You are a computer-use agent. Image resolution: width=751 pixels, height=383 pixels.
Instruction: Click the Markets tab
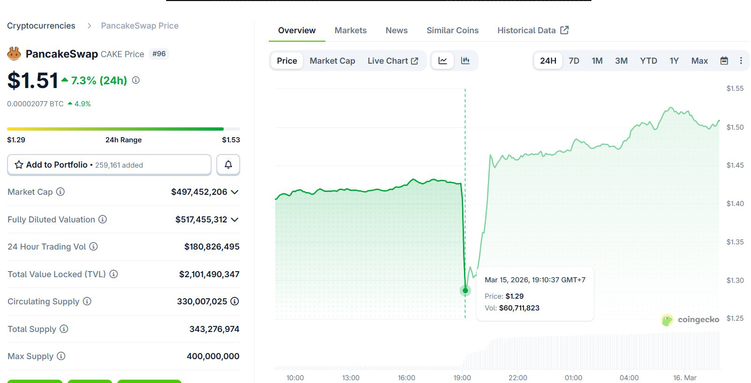click(x=350, y=30)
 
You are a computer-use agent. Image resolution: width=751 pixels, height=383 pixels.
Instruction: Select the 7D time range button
click(x=574, y=61)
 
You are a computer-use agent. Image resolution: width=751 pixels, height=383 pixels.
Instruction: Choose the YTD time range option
click(x=648, y=61)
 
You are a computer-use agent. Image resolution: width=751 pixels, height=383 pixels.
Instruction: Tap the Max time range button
click(x=699, y=61)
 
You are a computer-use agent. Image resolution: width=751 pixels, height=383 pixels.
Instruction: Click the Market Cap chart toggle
click(x=332, y=61)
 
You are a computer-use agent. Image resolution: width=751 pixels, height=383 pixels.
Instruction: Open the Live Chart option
click(x=392, y=61)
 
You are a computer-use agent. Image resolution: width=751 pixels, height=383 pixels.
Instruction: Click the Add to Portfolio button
click(x=109, y=165)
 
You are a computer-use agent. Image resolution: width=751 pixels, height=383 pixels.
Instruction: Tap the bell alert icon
click(x=228, y=165)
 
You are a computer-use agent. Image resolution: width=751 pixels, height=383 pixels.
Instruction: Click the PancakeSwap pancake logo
click(x=14, y=54)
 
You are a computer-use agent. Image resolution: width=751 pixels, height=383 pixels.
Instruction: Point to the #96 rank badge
click(x=159, y=54)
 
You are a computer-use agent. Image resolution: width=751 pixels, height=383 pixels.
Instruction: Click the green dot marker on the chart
click(x=465, y=291)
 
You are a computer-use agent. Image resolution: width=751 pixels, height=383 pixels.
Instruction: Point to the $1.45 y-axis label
click(x=735, y=165)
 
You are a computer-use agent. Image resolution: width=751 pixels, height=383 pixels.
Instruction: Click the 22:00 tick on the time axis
click(x=517, y=378)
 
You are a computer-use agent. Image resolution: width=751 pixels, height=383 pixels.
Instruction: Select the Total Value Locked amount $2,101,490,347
click(x=209, y=274)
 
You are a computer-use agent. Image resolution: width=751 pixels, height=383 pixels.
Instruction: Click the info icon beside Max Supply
click(x=61, y=356)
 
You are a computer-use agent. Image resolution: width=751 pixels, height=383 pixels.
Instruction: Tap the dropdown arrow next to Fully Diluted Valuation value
click(x=235, y=220)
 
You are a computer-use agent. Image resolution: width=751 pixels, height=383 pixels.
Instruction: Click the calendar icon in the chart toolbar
click(x=724, y=61)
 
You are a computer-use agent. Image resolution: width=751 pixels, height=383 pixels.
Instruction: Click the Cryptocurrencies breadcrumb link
click(x=41, y=26)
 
